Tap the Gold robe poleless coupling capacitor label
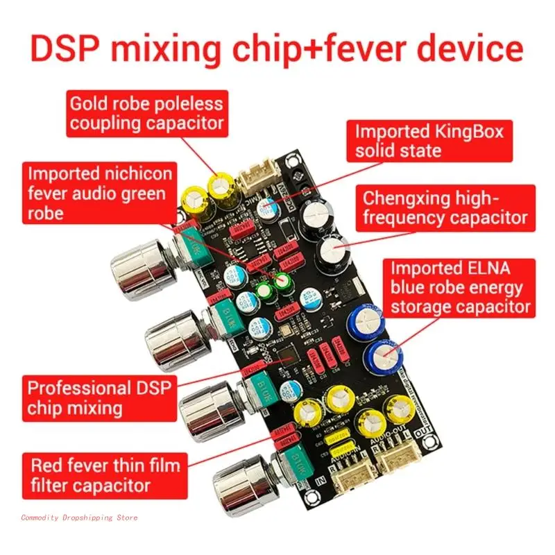pos(146,113)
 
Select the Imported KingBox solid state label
pos(429,141)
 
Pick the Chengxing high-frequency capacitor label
pos(445,208)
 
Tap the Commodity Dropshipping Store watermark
pos(80,518)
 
